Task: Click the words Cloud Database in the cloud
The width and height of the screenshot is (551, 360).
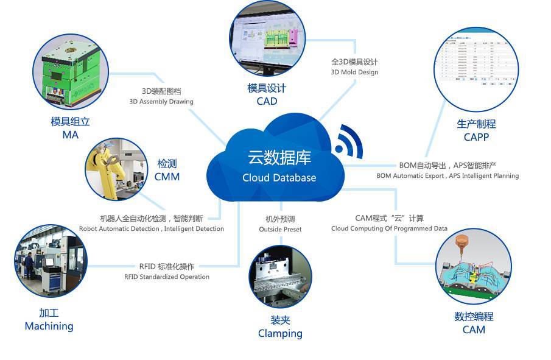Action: (279, 178)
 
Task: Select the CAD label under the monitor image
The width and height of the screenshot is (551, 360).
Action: (267, 101)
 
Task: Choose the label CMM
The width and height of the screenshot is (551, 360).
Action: (167, 177)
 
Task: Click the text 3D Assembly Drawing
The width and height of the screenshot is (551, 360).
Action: (161, 102)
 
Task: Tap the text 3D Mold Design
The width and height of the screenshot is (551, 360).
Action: (354, 72)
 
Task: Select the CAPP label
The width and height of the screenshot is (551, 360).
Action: (476, 137)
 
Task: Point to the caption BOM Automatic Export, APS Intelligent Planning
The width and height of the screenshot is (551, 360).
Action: (447, 175)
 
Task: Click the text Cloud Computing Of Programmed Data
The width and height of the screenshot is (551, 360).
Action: (389, 228)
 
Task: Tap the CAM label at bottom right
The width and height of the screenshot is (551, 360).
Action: (474, 330)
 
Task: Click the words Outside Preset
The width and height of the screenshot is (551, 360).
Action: (280, 229)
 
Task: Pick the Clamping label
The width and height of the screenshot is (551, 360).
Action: (280, 333)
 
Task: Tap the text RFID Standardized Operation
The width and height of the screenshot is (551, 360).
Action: (166, 277)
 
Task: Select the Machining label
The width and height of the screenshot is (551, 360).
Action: (49, 326)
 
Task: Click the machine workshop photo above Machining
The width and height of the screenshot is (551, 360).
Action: (50, 263)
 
